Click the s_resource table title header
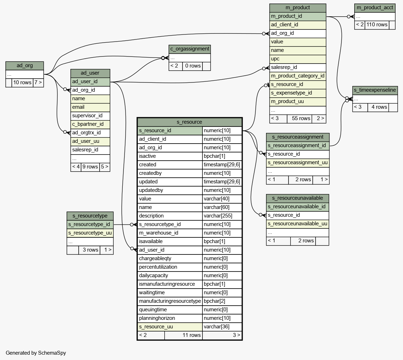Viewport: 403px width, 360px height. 190,122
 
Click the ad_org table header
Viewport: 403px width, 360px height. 25,66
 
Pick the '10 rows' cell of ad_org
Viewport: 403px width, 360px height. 22,82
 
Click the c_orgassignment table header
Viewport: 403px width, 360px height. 190,49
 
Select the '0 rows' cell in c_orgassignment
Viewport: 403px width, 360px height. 193,66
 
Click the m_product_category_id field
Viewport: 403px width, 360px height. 298,76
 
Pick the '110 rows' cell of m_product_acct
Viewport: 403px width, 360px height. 377,25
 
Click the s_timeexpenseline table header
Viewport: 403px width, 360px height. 375,90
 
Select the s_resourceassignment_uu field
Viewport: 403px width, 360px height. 298,163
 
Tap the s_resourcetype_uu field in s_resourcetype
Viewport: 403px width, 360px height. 90,233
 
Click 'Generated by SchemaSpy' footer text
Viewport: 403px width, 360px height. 36,353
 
